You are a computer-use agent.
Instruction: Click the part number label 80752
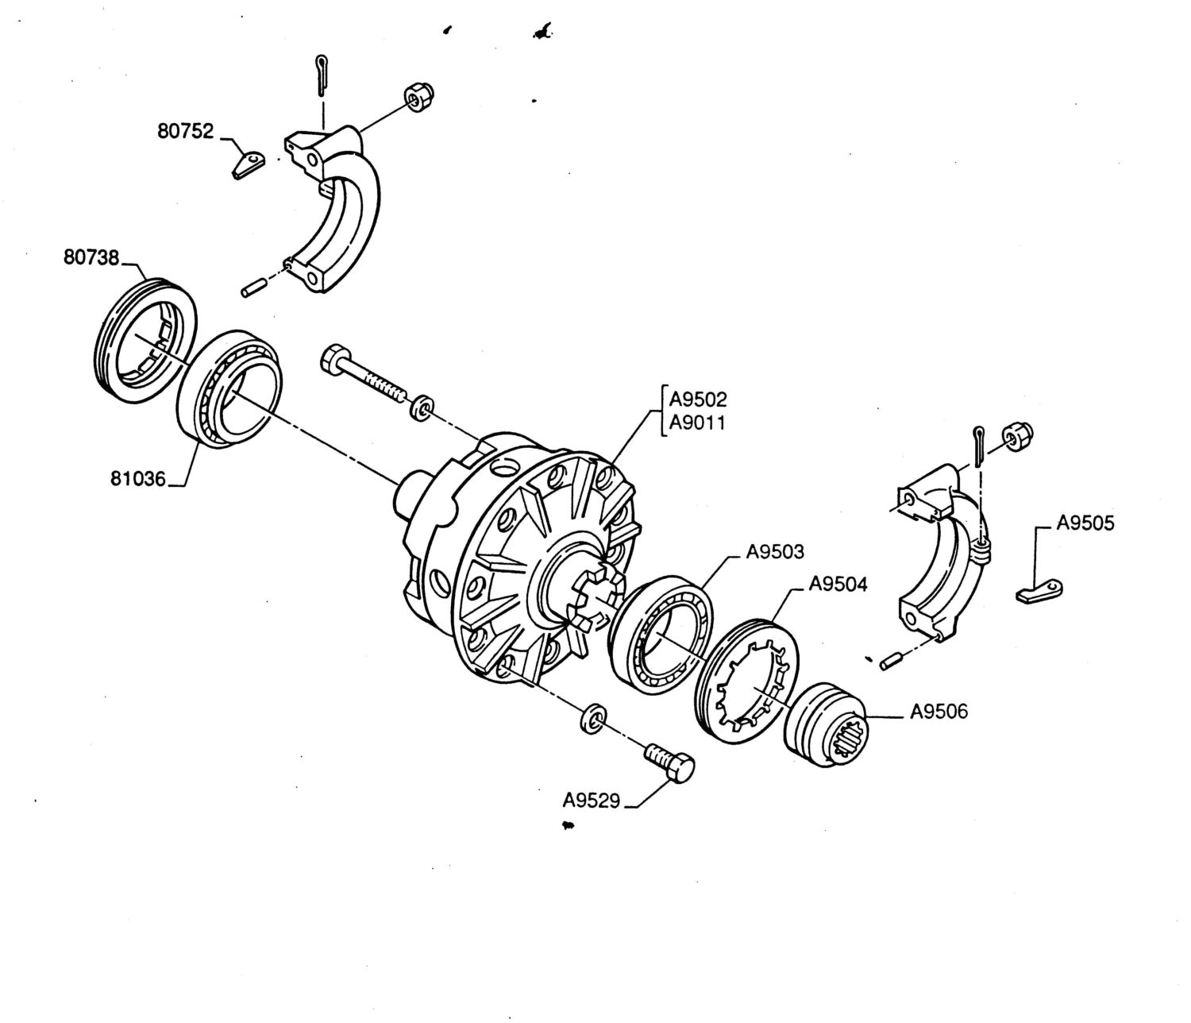(x=186, y=131)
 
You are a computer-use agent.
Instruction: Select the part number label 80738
(x=91, y=257)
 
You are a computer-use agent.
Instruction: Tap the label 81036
(x=138, y=478)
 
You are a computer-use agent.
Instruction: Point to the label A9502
(x=698, y=399)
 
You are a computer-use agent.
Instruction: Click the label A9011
(x=696, y=423)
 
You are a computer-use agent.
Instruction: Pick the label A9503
(x=775, y=551)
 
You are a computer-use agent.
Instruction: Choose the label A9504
(x=838, y=584)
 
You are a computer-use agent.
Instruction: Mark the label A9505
(x=1085, y=523)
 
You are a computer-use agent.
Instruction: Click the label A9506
(x=939, y=712)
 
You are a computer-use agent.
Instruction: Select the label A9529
(x=592, y=801)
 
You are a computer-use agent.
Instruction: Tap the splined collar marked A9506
(x=825, y=724)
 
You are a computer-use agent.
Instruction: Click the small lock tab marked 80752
(x=249, y=164)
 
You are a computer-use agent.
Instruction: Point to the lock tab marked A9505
(x=1039, y=592)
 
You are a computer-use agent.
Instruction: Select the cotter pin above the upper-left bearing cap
(x=322, y=75)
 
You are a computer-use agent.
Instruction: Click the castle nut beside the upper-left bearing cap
(x=419, y=98)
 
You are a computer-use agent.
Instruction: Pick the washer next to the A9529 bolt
(x=592, y=718)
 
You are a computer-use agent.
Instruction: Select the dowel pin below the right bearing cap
(x=891, y=663)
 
